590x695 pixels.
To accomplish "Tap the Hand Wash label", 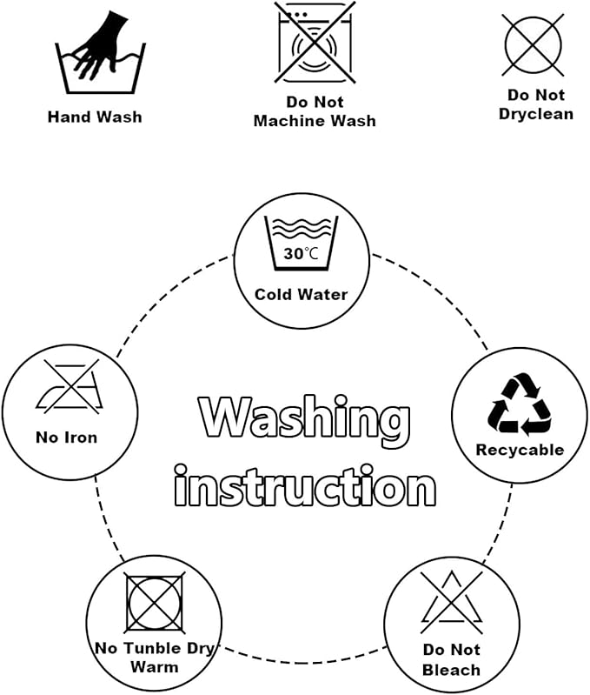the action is point(95,117).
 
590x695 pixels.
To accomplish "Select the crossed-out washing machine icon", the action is point(315,43).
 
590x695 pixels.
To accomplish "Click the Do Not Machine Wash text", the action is point(315,111).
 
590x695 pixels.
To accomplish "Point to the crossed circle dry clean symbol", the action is point(534,44).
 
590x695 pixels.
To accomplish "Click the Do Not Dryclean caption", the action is point(536,104).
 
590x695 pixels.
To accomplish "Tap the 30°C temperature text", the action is point(301,254).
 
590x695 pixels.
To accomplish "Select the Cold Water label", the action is point(301,294).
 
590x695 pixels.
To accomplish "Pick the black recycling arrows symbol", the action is point(520,404).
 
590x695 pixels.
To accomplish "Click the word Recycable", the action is point(520,450).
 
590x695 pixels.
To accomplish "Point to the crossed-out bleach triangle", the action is point(452,603).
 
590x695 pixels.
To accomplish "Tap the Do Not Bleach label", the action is point(452,659).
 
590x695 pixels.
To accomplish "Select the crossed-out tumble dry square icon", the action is point(155,603).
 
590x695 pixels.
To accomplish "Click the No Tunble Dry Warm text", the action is point(155,658).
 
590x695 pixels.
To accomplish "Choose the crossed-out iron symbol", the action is point(70,387).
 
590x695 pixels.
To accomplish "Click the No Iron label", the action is point(66,438).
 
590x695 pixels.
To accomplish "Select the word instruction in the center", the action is point(305,485).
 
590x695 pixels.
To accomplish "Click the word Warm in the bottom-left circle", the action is point(155,667).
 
